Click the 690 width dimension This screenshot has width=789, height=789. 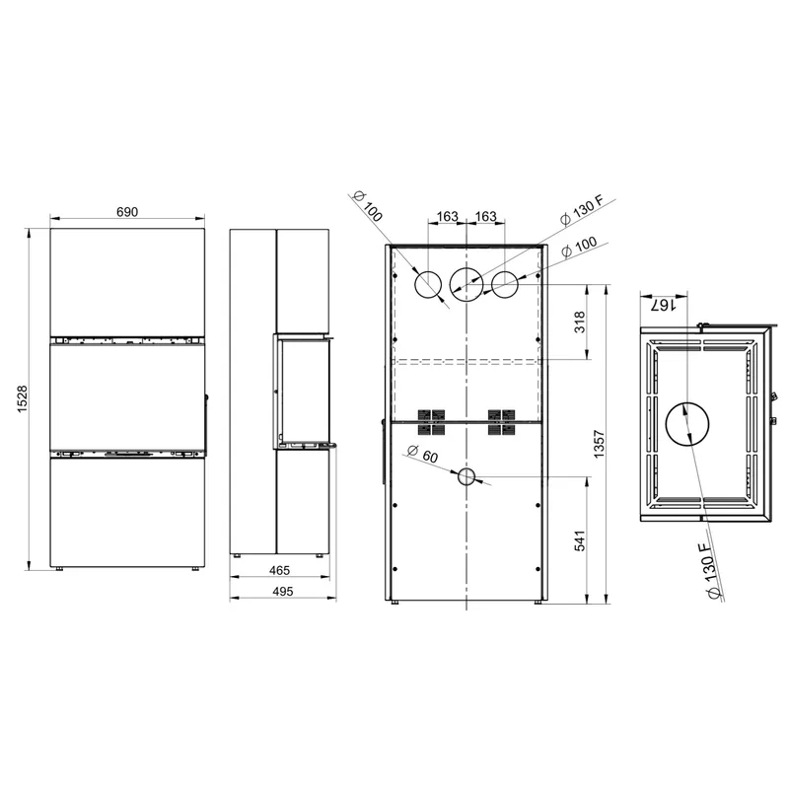127,212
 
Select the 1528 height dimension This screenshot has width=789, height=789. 23,399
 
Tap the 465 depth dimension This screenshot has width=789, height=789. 279,570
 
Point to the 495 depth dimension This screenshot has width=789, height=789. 282,591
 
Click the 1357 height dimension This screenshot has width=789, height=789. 599,444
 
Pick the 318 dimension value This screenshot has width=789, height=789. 580,323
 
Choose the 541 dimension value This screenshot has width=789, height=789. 580,540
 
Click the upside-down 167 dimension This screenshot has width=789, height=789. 662,305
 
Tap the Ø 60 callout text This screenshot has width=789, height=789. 422,454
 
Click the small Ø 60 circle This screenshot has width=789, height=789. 466,476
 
